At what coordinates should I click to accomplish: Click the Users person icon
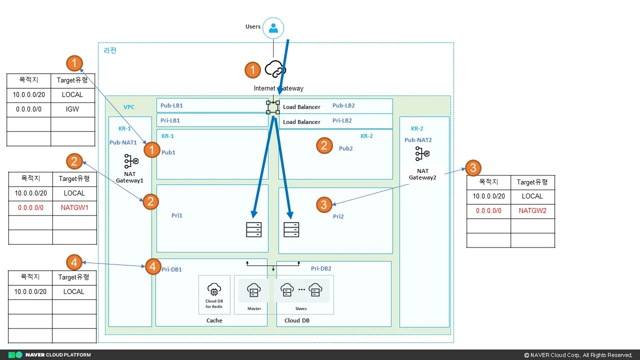click(273, 28)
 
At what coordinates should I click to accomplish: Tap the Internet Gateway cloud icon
click(275, 68)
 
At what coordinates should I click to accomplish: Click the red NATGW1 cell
click(74, 207)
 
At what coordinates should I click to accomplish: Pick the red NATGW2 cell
click(532, 211)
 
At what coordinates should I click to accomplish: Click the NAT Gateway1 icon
click(130, 160)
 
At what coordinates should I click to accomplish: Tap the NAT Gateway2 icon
click(422, 154)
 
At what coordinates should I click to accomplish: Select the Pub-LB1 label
click(171, 106)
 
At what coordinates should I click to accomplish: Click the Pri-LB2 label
click(342, 120)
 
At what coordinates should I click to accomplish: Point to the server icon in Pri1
click(253, 229)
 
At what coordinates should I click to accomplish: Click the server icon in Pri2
click(291, 229)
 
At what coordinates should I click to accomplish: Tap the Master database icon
click(254, 290)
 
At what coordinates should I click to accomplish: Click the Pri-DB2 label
click(321, 268)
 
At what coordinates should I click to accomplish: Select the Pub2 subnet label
click(346, 148)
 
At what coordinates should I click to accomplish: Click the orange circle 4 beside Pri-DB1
click(153, 266)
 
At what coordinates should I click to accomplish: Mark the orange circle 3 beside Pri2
click(324, 204)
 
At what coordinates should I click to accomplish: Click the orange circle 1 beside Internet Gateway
click(252, 70)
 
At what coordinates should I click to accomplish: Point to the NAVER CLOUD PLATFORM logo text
click(58, 355)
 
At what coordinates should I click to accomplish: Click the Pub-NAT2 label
click(418, 140)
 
